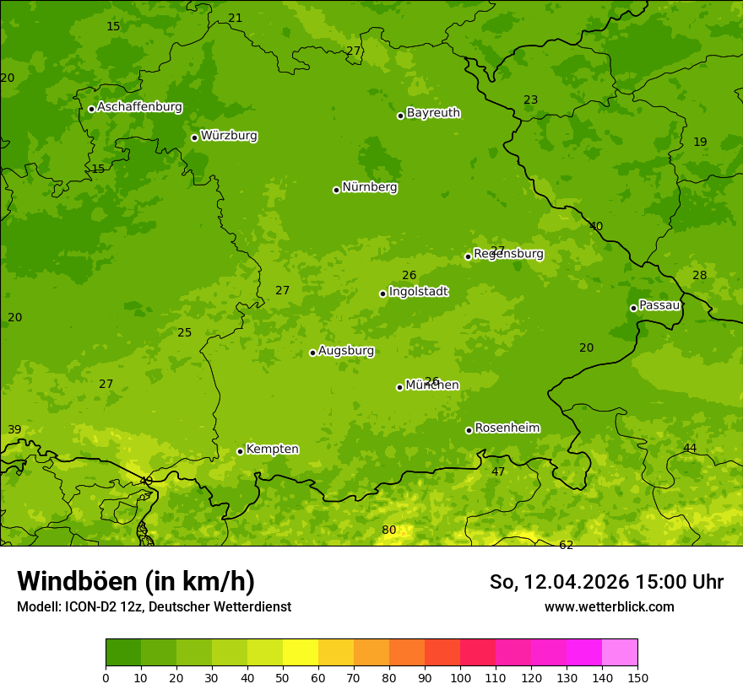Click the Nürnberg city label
coord(369,187)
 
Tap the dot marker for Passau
coord(633,308)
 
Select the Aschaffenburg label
coord(139,107)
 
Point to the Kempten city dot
coord(240,451)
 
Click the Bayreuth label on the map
coord(433,113)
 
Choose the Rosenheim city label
coord(507,428)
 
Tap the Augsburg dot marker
coord(312,353)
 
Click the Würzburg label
coord(229,136)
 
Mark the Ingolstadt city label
coord(418,292)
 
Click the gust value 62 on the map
coord(566,545)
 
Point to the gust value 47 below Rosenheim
coord(498,471)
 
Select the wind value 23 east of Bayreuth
coord(530,100)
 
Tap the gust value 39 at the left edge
coord(14,429)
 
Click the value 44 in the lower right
coord(690,448)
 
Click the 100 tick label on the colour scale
coord(460,677)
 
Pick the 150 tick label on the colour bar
coord(637,677)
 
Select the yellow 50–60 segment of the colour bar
coord(301,652)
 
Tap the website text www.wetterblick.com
coord(609,606)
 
